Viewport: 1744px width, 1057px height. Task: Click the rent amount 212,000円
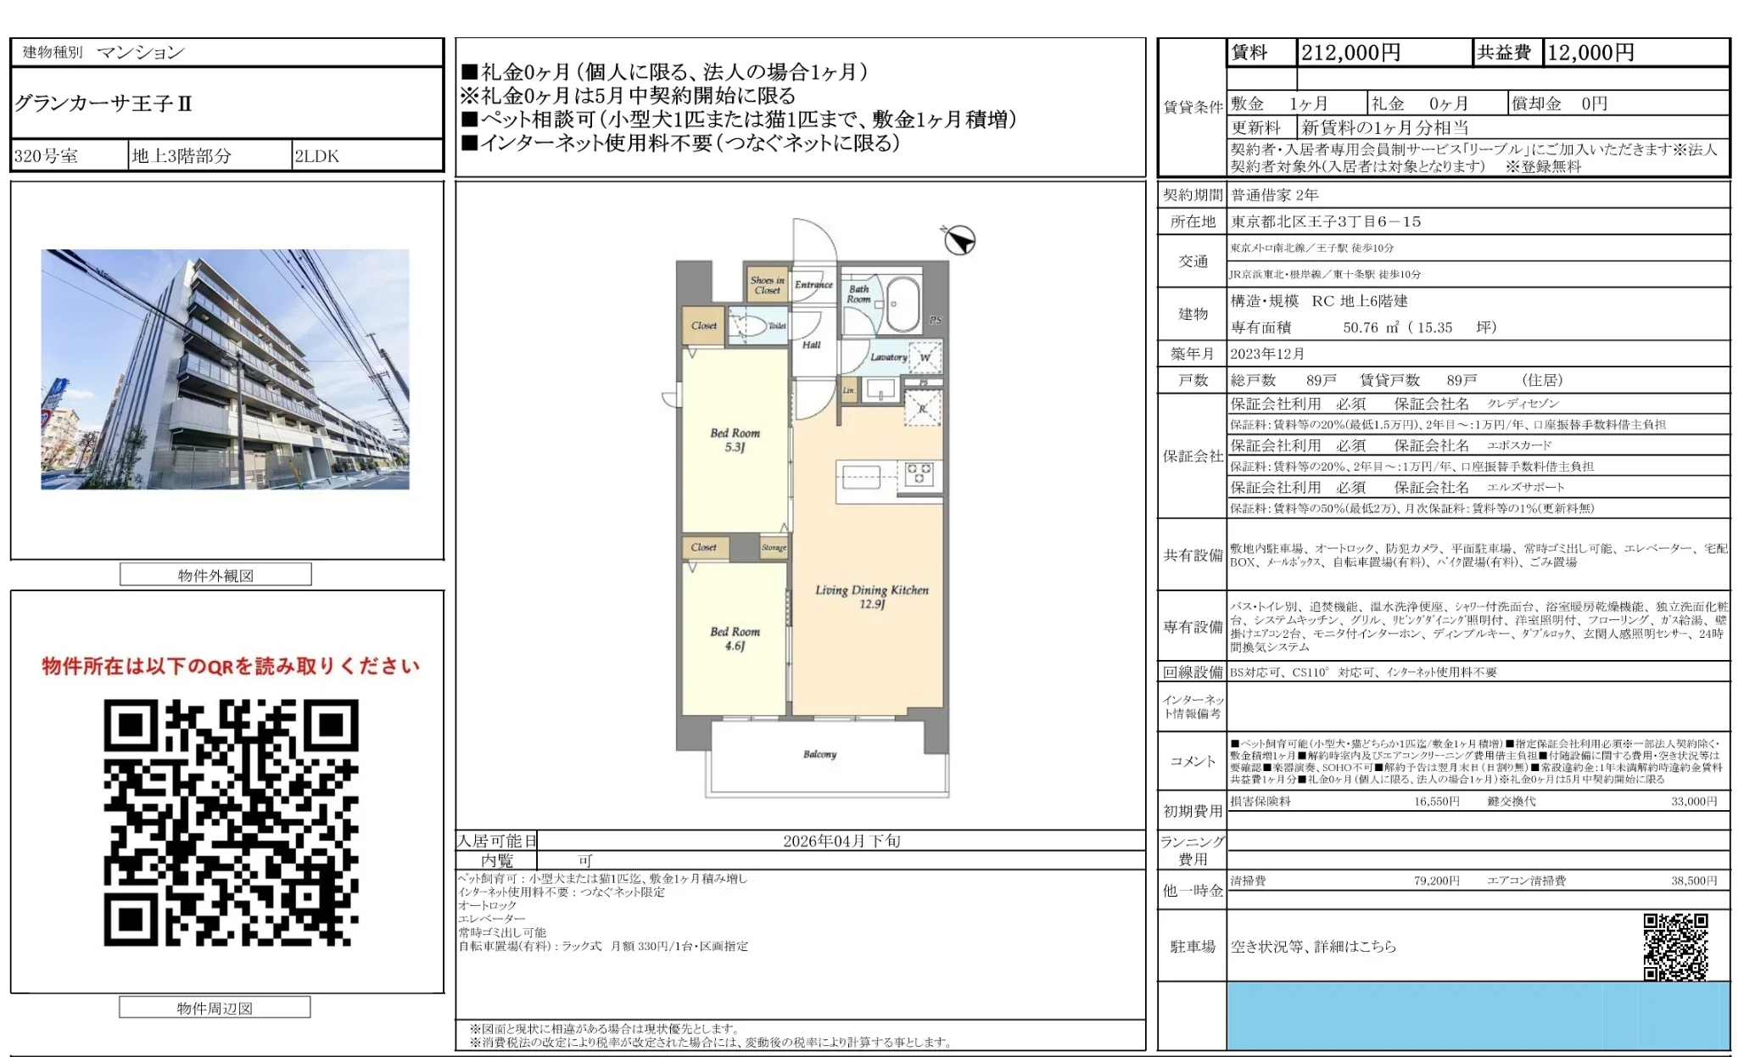tap(1350, 53)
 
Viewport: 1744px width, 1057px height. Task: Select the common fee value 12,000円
tap(1590, 53)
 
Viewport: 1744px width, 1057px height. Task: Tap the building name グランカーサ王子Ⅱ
tap(103, 103)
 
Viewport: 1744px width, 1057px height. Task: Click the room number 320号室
tap(46, 156)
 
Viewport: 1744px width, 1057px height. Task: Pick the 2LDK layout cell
tap(316, 156)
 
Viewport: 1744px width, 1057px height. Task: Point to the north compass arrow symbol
tap(959, 240)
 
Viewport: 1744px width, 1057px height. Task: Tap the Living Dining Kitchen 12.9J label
tap(872, 596)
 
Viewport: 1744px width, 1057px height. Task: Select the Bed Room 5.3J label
tap(735, 439)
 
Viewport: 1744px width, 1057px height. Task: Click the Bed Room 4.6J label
tap(735, 638)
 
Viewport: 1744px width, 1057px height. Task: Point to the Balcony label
tap(819, 754)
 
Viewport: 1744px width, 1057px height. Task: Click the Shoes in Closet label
tap(767, 285)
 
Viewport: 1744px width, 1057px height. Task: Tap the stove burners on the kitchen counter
tap(919, 473)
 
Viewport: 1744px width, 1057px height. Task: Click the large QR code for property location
tap(231, 822)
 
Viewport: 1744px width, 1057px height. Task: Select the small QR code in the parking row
tap(1675, 946)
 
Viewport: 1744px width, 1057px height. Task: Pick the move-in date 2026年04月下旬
tap(841, 841)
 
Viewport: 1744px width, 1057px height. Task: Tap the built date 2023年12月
tap(1267, 354)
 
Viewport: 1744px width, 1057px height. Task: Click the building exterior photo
tap(225, 369)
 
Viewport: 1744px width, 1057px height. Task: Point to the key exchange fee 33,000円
tap(1693, 801)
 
